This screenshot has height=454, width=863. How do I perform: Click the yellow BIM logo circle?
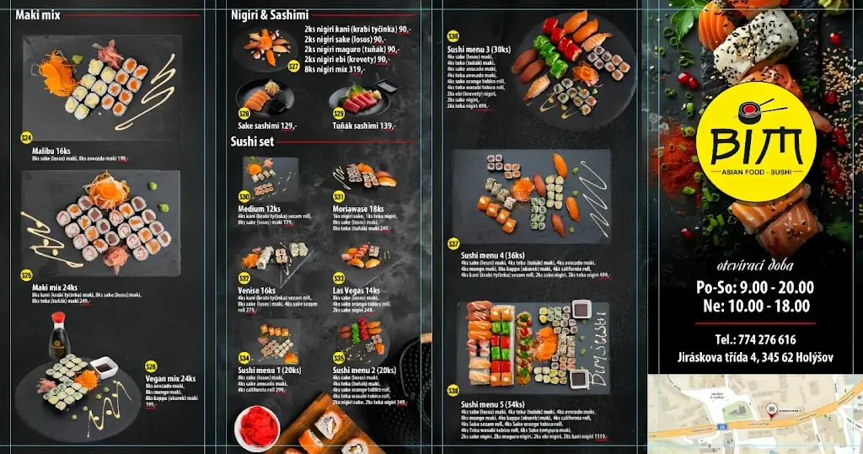(756, 142)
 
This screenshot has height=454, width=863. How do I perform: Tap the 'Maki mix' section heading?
(38, 15)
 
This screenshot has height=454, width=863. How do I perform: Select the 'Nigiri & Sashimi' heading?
(270, 15)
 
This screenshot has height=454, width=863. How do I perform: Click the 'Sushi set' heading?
(252, 142)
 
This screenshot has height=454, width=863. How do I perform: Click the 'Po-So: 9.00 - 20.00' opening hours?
(755, 287)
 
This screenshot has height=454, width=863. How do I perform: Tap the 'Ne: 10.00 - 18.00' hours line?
(755, 307)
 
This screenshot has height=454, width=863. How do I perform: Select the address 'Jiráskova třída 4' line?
(755, 358)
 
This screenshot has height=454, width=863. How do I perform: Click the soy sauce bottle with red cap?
(57, 335)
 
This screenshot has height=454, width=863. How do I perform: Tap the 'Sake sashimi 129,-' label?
(267, 126)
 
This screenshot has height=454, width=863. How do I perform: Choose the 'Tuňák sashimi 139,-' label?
(364, 126)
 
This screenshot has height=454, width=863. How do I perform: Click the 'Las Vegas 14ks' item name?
(356, 290)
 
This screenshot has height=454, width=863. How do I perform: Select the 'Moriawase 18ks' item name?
(358, 209)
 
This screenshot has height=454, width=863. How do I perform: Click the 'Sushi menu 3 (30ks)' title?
(479, 49)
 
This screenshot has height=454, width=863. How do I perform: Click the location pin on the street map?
(769, 409)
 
